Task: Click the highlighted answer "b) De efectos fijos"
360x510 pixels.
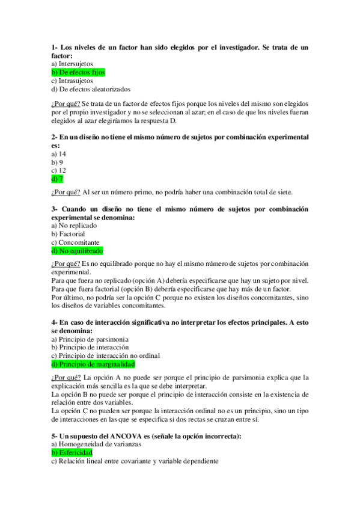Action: (78, 72)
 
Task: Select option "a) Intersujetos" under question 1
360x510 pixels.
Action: (69, 63)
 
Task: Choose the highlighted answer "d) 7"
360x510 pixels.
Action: (57, 179)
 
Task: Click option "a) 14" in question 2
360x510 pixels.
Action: (58, 154)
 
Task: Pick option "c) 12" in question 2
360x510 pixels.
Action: (58, 170)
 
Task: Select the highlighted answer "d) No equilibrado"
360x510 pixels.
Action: (77, 251)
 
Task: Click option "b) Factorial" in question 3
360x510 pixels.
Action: (68, 234)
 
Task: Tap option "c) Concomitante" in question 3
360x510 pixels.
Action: (75, 242)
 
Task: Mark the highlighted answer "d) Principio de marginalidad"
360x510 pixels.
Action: (93, 364)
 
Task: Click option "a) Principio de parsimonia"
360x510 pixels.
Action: (90, 339)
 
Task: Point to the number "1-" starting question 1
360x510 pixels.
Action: (55, 47)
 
